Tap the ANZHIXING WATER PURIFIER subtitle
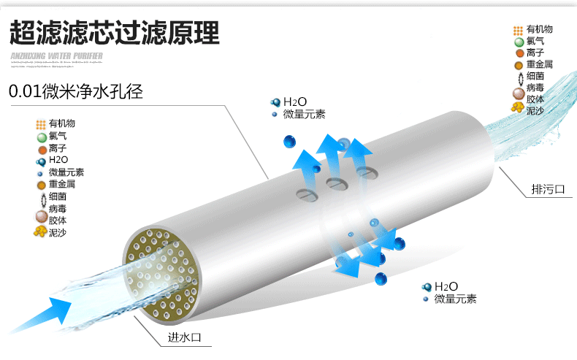tap(57, 55)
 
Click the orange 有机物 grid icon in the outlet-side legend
tap(518, 30)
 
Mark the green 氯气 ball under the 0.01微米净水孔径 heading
tap(41, 137)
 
